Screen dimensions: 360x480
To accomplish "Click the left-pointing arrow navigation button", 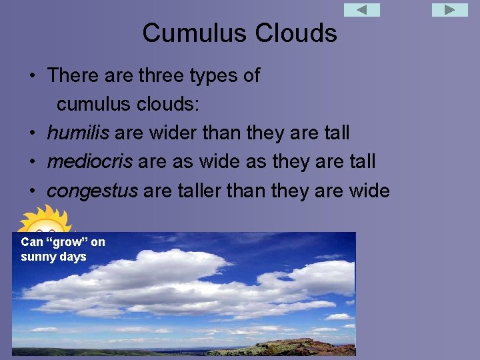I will click(361, 10).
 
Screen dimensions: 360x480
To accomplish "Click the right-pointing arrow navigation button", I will click(450, 10).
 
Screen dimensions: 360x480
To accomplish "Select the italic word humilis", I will click(78, 133).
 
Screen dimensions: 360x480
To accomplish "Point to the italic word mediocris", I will click(89, 161).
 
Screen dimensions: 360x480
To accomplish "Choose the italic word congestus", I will click(92, 191).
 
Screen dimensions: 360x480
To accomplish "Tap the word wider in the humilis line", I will click(169, 133).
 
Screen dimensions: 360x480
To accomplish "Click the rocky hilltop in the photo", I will click(293, 347).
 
